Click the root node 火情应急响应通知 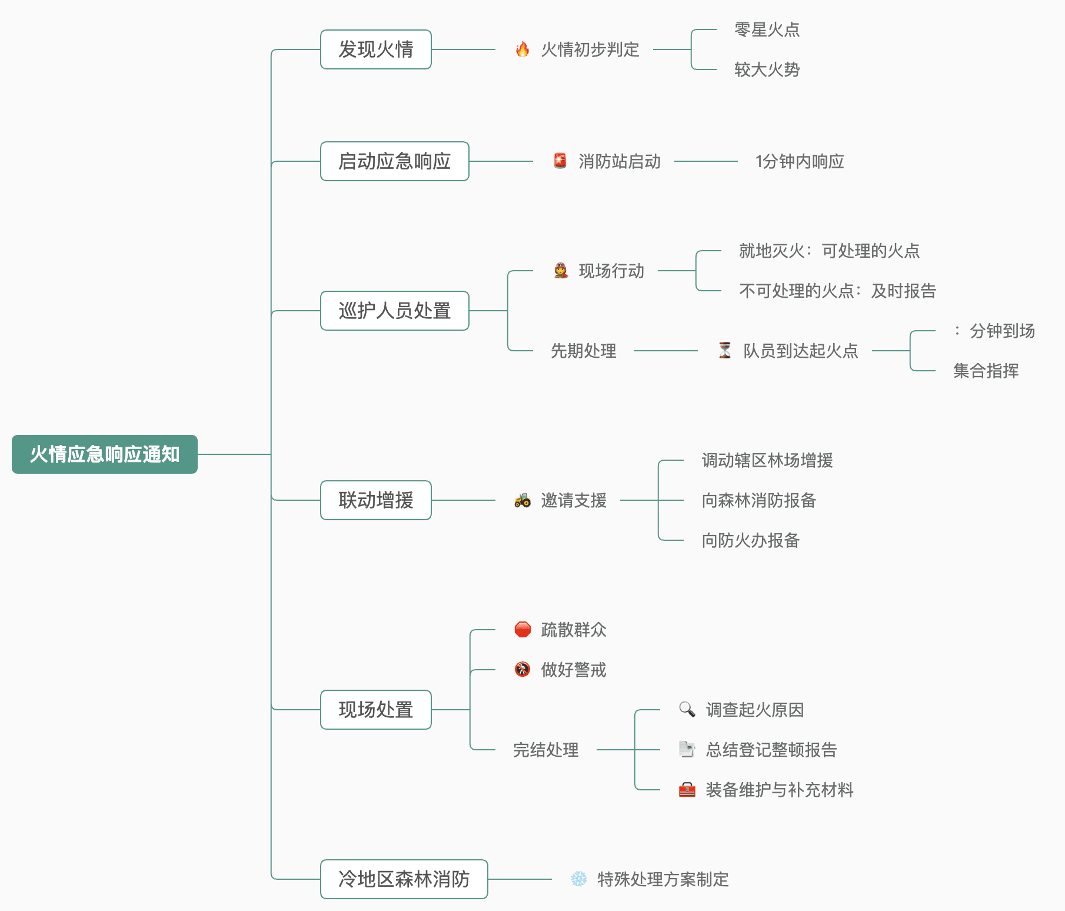click(x=105, y=454)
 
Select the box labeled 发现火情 click(x=375, y=49)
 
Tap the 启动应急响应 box click(x=394, y=161)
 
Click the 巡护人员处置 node click(x=394, y=311)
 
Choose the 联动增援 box click(x=375, y=500)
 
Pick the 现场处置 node click(x=375, y=710)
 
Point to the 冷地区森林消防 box click(x=404, y=879)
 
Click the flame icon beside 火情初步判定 click(x=522, y=49)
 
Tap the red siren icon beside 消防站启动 click(x=560, y=161)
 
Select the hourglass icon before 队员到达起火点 click(x=725, y=350)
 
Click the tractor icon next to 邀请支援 click(x=522, y=500)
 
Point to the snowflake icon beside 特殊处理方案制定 click(x=579, y=879)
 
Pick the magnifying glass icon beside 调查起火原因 click(x=687, y=709)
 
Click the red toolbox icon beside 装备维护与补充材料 click(x=687, y=790)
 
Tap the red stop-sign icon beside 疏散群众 click(x=522, y=630)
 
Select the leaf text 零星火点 click(x=767, y=29)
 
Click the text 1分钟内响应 click(x=800, y=161)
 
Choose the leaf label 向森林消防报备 click(x=759, y=500)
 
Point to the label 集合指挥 click(x=986, y=371)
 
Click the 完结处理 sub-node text click(x=546, y=750)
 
